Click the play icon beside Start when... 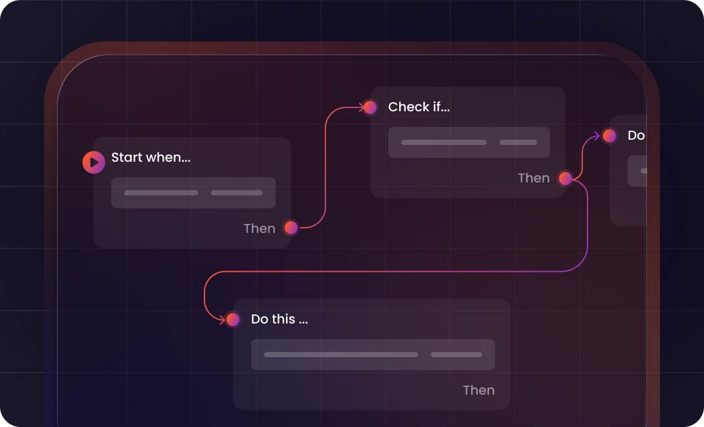[x=93, y=162]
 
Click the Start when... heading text [x=151, y=157]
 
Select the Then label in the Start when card [x=259, y=228]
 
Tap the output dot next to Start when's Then [x=291, y=228]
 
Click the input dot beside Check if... [x=370, y=107]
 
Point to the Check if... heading [x=419, y=107]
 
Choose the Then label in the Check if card [x=534, y=179]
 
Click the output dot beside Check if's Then [x=566, y=179]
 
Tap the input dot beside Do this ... [x=233, y=320]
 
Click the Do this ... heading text [x=280, y=319]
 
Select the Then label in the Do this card [x=479, y=390]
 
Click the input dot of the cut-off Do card [x=610, y=136]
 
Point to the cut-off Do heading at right [x=636, y=136]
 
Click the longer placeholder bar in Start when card [x=161, y=193]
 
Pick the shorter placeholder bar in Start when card [x=237, y=193]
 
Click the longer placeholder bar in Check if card [x=444, y=142]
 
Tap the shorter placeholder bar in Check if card [x=518, y=142]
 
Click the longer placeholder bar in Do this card [x=341, y=355]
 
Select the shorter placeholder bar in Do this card [x=456, y=355]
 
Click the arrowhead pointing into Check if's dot [x=362, y=107]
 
